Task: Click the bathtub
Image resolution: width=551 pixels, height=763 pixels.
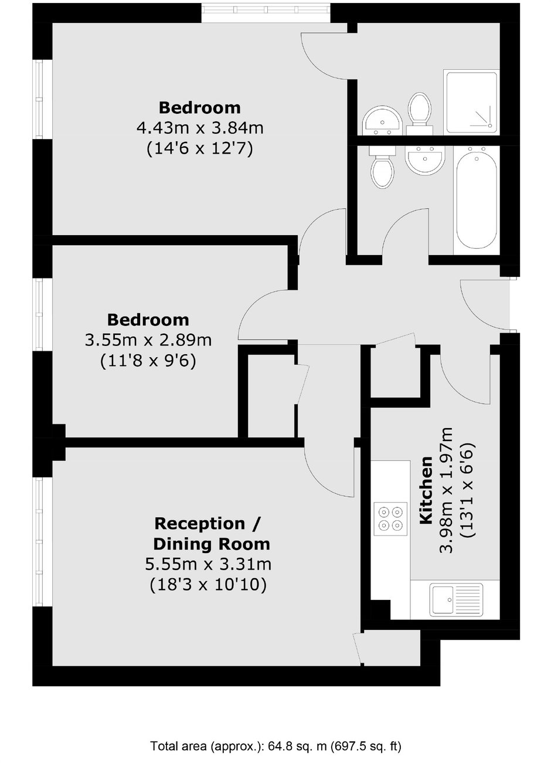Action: tap(477, 200)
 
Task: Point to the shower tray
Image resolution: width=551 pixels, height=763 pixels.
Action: tap(471, 102)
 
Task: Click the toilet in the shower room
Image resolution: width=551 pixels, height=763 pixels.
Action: tap(420, 113)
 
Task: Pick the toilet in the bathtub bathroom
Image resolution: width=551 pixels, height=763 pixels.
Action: tap(383, 167)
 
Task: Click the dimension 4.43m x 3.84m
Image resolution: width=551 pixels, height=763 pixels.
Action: tap(200, 128)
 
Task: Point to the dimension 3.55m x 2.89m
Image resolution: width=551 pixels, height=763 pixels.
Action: tap(148, 340)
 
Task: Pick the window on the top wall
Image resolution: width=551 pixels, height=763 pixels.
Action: tap(266, 13)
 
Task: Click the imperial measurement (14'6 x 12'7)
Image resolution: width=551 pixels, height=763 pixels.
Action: tap(200, 148)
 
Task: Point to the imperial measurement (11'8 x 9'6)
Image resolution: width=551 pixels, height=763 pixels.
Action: tap(148, 360)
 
